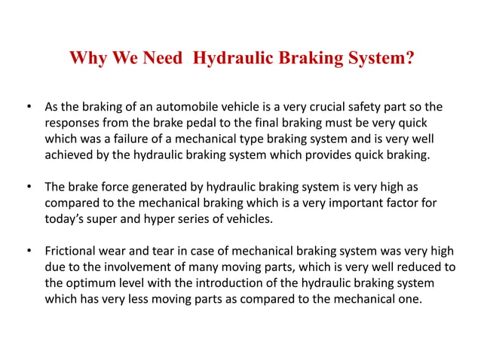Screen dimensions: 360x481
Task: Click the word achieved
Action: pyautogui.click(x=72, y=156)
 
